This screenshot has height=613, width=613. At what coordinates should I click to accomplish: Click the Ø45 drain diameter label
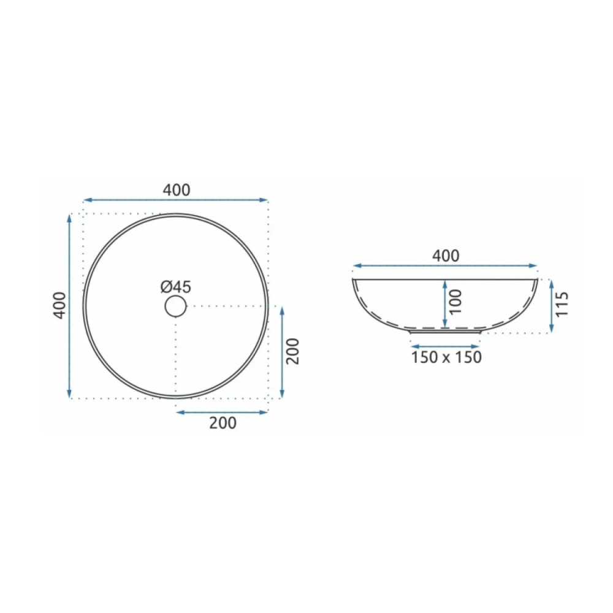pos(175,287)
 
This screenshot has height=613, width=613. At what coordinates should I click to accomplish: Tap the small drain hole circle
pos(175,306)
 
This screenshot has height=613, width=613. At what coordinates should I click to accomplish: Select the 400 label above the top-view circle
pos(177,190)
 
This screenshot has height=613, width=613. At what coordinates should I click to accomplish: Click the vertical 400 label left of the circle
pos(59,305)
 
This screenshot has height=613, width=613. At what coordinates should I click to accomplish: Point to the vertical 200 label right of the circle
pos(292,351)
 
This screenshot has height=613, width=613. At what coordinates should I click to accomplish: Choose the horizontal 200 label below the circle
pos(223,423)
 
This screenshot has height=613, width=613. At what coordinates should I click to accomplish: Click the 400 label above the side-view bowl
pos(446,256)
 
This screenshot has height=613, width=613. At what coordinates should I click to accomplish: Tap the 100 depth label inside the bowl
pos(455,302)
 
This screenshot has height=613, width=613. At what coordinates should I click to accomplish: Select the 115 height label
pos(561,305)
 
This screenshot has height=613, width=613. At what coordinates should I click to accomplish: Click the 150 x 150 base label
pos(446,357)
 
